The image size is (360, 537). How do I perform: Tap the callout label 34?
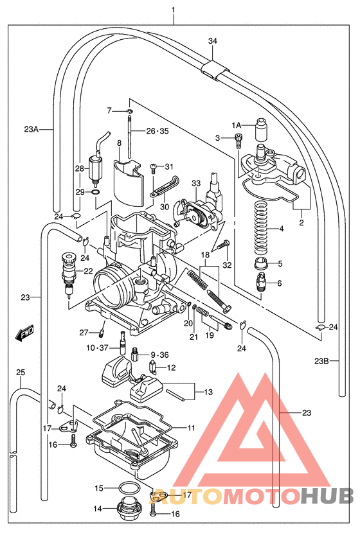(x=213, y=42)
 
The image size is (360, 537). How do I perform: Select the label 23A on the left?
(x=32, y=129)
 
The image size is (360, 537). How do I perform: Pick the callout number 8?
(x=120, y=142)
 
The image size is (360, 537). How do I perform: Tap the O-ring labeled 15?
(x=129, y=488)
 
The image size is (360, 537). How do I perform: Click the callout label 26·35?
(x=156, y=131)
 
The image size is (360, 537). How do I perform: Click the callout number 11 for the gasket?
(x=191, y=427)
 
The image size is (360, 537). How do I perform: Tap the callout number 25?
(x=20, y=373)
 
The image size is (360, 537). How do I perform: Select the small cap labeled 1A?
(x=261, y=129)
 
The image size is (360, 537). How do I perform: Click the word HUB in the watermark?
(x=327, y=497)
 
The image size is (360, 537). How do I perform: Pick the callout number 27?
(x=84, y=332)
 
